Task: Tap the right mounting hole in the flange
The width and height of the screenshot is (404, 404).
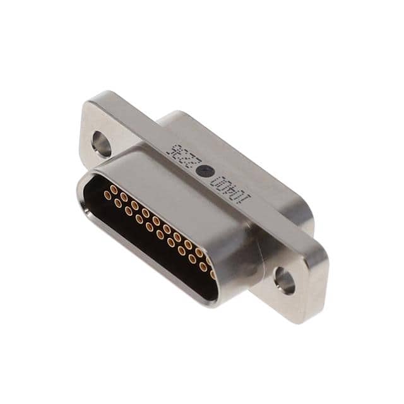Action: pyautogui.click(x=285, y=280)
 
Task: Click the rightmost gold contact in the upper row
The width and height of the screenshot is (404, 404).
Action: pyautogui.click(x=209, y=260)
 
